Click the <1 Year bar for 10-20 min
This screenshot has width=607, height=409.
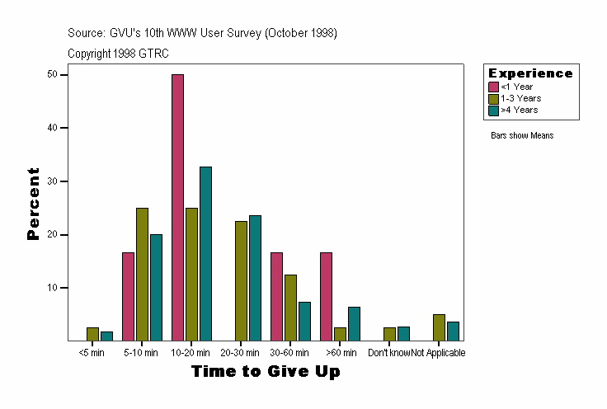(177, 207)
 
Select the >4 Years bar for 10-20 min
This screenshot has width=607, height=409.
(205, 253)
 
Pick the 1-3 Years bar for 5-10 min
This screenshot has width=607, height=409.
(142, 274)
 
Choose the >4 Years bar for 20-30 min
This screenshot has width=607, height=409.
(255, 278)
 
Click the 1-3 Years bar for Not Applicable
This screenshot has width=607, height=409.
(439, 327)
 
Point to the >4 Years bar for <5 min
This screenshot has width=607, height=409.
(106, 336)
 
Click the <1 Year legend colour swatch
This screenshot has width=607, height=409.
(494, 87)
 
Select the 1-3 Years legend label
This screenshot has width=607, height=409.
(520, 98)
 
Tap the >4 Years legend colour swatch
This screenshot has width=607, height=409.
(494, 110)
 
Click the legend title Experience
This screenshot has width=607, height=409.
(530, 73)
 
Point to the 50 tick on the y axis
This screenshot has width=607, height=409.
(65, 74)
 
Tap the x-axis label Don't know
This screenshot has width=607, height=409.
(389, 353)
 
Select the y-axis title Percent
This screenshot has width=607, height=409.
(34, 204)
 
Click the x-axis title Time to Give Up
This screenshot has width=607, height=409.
(266, 372)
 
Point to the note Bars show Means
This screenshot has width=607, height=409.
(522, 135)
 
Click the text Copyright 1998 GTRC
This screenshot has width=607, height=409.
(119, 53)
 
